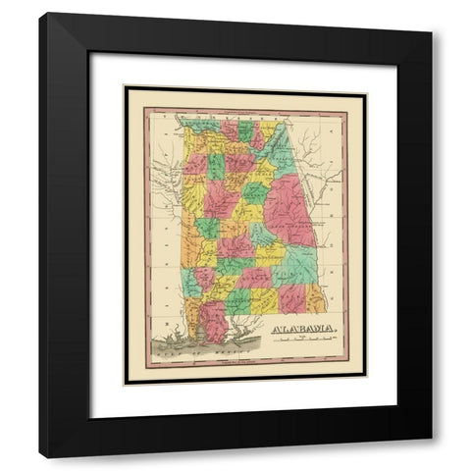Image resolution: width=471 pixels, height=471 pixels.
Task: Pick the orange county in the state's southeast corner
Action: (x=315, y=298)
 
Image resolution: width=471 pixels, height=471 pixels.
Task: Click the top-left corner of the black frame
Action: (x=40, y=13)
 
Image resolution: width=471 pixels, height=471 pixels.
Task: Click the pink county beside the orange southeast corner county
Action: (x=291, y=295)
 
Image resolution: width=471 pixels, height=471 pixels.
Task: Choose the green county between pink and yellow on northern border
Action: (x=246, y=131)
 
